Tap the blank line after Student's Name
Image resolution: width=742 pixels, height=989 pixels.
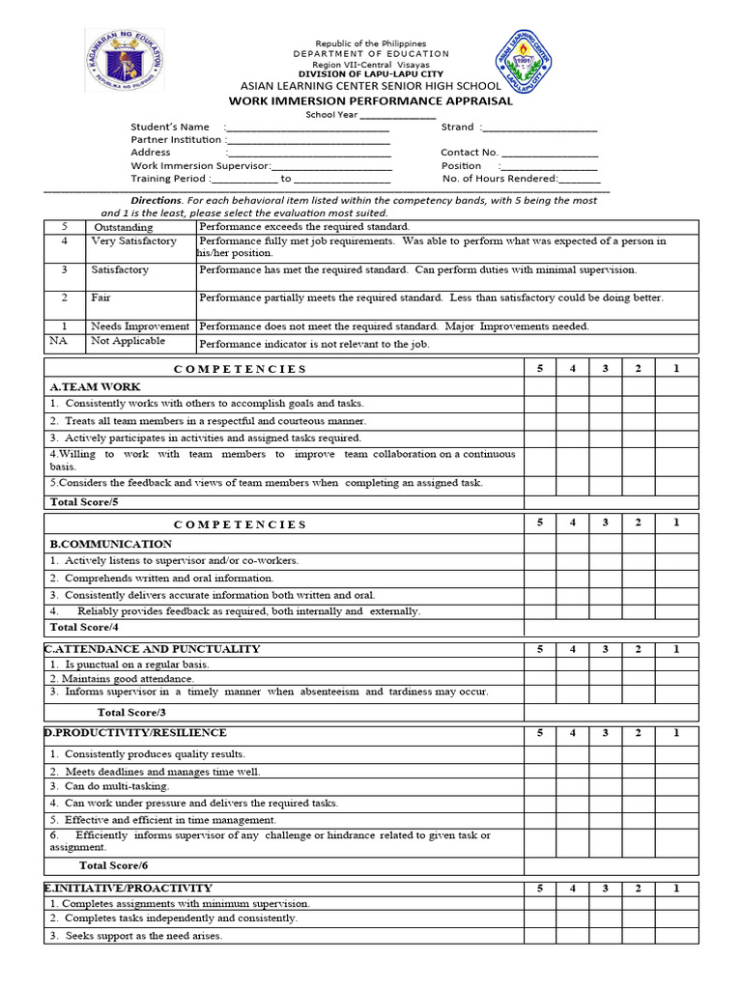click(308, 127)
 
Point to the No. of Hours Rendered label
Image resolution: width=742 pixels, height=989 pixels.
click(499, 178)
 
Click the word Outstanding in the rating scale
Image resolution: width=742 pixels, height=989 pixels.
click(123, 227)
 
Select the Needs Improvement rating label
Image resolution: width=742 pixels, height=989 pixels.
click(140, 326)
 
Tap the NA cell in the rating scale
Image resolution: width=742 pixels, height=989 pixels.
click(64, 341)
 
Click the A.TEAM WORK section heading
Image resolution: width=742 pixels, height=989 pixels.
click(88, 386)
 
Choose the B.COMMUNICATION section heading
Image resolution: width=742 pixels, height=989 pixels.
click(110, 544)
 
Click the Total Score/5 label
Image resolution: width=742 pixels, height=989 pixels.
click(83, 502)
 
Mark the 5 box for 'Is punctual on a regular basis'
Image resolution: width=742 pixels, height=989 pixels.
click(540, 664)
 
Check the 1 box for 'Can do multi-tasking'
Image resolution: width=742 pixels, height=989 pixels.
click(675, 786)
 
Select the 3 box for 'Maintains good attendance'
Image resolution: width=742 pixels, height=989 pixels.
click(605, 678)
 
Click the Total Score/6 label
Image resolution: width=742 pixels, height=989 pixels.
click(113, 865)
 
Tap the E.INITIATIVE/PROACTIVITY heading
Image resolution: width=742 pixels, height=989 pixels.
click(128, 888)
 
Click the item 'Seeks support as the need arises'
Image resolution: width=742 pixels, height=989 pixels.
click(136, 936)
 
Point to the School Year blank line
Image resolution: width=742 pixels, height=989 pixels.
click(397, 114)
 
